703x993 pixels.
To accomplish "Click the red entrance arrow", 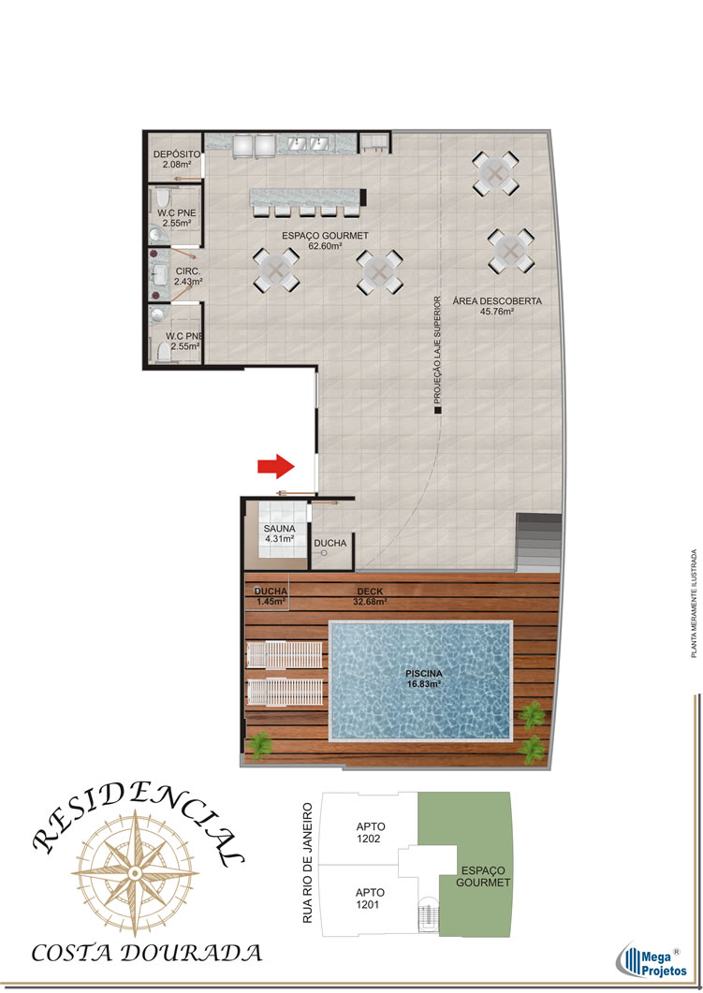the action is point(276,467).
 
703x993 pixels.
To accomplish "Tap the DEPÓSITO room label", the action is point(177,153).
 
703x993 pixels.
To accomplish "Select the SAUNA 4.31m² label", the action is point(279,533).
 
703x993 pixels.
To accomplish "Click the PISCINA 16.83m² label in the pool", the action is point(424,679).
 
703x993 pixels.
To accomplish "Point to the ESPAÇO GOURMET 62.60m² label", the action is point(325,241).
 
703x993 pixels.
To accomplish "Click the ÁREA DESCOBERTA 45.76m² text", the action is point(497,306).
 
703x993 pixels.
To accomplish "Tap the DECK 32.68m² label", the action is point(370,596).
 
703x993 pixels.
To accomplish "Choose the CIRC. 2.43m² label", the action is point(188,276).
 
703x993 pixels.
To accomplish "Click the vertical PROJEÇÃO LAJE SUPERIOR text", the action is point(437,350).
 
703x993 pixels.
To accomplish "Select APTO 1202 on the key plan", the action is point(371,832).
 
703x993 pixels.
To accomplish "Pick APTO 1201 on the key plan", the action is point(370,898).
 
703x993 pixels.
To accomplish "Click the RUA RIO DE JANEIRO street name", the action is point(308,863).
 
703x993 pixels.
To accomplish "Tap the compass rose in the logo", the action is point(134,873).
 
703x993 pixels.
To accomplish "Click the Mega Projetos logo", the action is point(652,960).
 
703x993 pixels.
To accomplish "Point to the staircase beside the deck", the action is point(538,542).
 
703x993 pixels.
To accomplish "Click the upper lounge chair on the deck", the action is point(285,654).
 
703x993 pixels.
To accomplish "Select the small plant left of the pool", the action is point(259,745).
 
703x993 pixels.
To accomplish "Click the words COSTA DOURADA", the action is point(147,953).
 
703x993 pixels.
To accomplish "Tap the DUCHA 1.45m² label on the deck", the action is point(271,596).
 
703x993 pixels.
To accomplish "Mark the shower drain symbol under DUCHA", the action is point(324,553).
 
